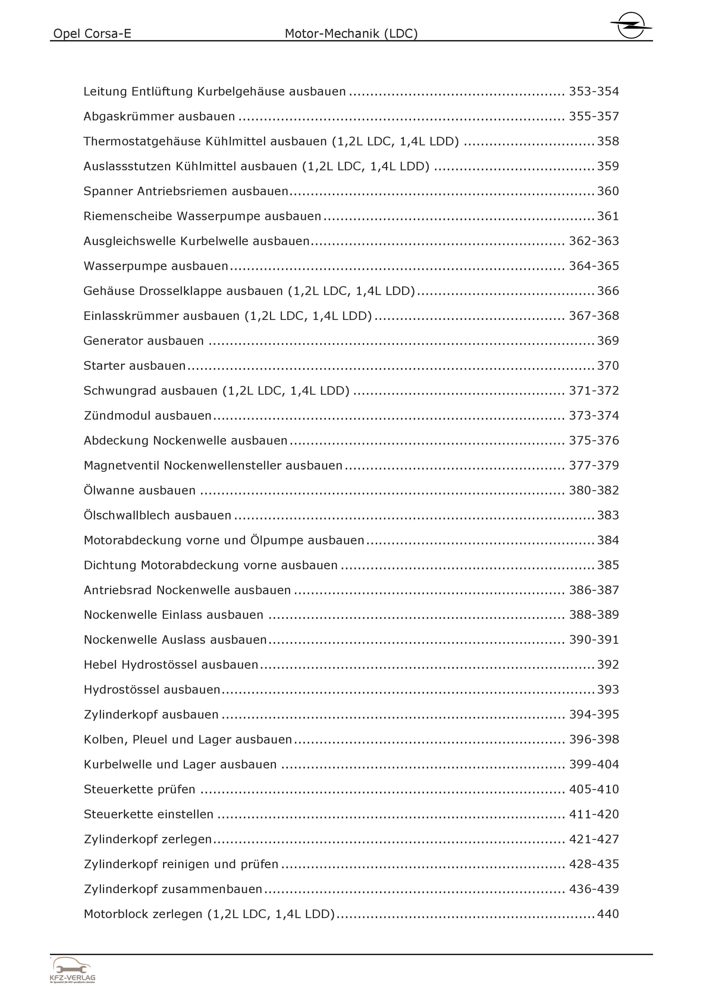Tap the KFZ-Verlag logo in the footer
[x=72, y=970]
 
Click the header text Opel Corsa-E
[x=92, y=33]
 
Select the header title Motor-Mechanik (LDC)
[x=351, y=33]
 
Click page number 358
[x=608, y=141]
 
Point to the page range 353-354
[x=593, y=91]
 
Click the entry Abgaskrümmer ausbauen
[x=159, y=117]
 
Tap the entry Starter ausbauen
[x=134, y=366]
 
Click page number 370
[x=608, y=366]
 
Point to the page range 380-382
[x=593, y=491]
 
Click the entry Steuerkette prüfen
[x=139, y=789]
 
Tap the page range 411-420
[x=593, y=814]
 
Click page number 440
[x=608, y=914]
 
